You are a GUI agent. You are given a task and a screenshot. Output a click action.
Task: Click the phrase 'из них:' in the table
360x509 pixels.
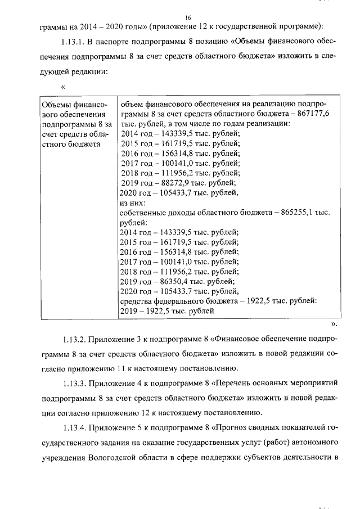(x=133, y=202)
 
